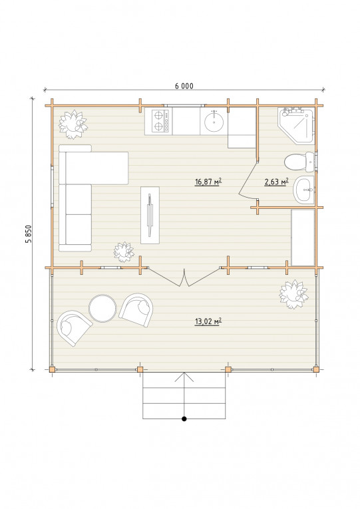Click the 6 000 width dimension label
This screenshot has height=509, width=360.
(184, 86)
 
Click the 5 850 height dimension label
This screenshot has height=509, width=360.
(29, 234)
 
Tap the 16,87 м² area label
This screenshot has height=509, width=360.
(208, 182)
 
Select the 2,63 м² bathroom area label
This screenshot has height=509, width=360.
(276, 182)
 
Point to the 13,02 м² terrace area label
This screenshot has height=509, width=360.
(208, 321)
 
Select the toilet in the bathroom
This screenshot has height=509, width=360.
(299, 162)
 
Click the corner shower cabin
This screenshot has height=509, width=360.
(296, 126)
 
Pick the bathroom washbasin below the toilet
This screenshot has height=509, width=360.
(304, 190)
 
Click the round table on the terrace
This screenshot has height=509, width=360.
(102, 308)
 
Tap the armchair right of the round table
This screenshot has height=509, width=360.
(136, 309)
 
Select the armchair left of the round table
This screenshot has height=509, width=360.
(74, 328)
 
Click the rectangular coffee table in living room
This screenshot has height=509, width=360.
(150, 215)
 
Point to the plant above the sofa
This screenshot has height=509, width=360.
(73, 124)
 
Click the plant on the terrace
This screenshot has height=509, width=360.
(293, 294)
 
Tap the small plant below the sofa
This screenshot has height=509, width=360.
(124, 252)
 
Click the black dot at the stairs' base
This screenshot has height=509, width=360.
(184, 419)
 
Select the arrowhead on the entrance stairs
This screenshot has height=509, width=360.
(184, 377)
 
